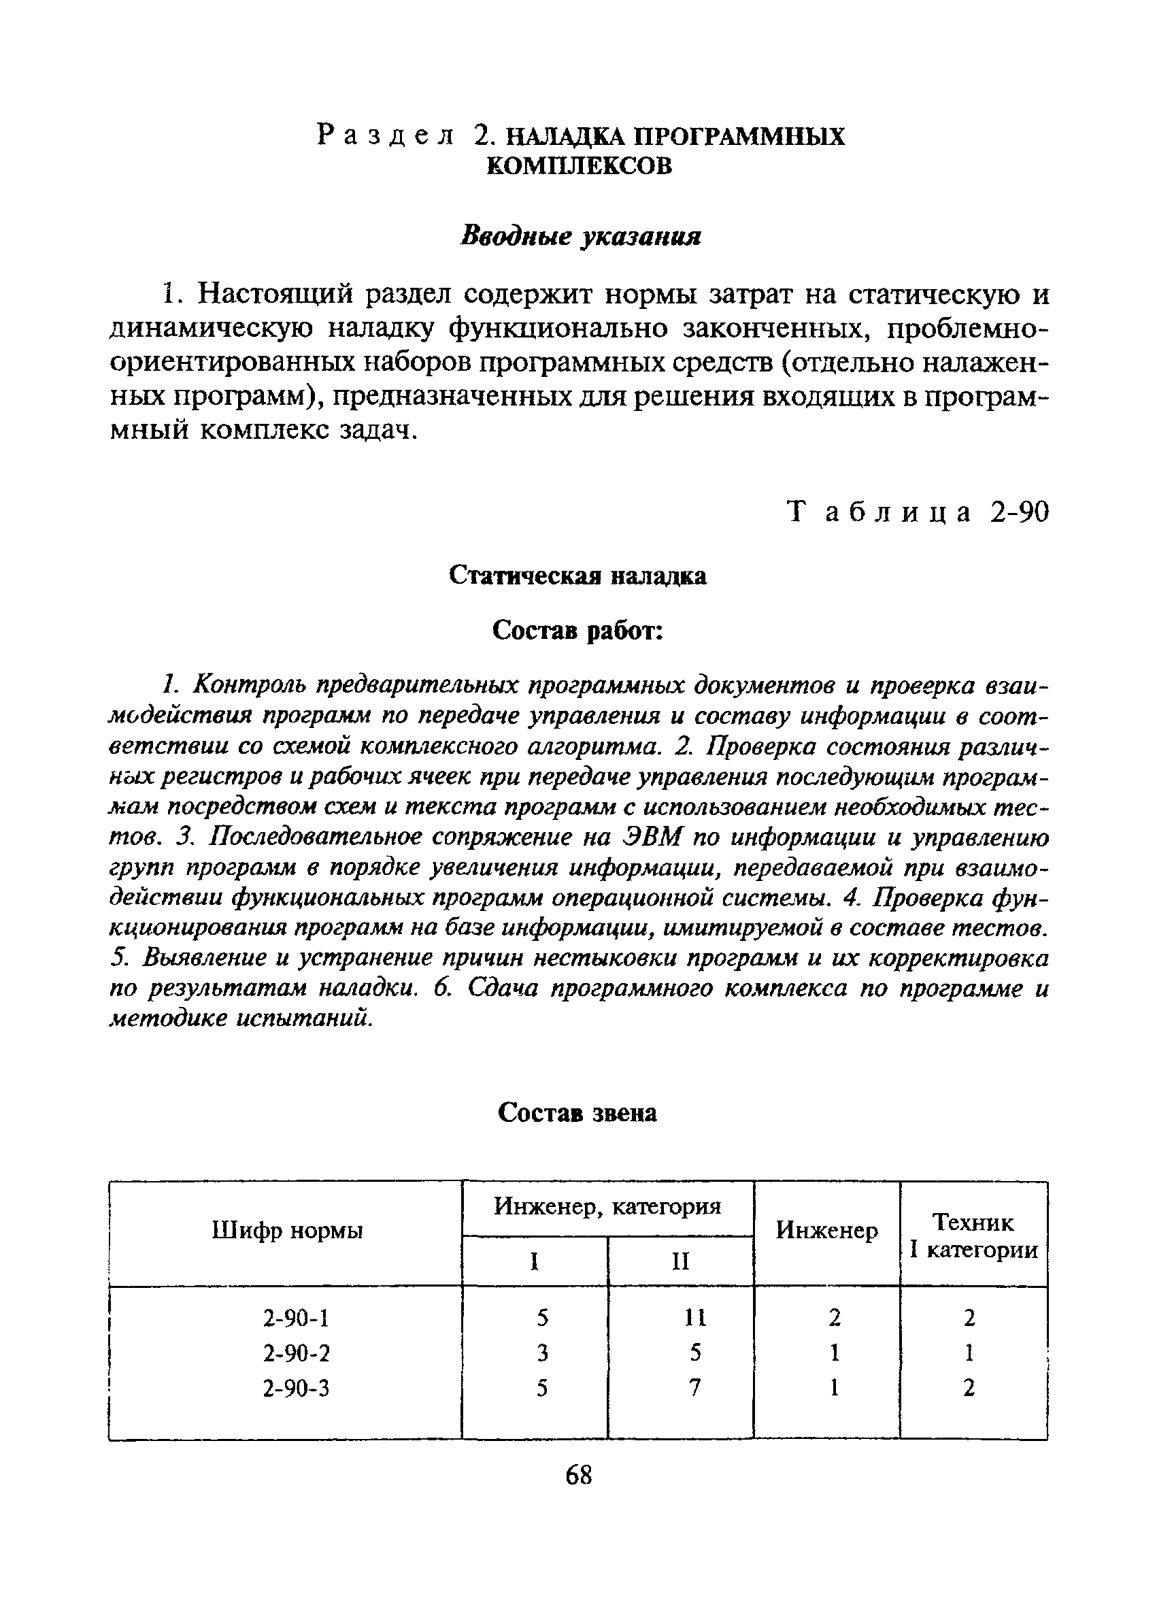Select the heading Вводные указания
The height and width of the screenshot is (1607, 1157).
580,236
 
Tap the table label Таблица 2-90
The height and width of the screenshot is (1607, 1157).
918,512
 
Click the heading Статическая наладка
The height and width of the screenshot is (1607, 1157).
578,576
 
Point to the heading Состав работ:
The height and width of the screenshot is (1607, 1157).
577,629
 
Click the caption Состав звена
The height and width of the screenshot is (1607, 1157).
577,1113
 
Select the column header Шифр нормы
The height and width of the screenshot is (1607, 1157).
287,1231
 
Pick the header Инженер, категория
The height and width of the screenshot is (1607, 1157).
607,1206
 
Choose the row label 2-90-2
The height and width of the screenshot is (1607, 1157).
296,1353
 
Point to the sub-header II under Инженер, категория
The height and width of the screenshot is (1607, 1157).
680,1262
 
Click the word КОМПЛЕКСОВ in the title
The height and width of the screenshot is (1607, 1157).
579,166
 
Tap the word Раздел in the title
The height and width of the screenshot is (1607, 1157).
386,135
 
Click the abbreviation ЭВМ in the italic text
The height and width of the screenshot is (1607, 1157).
652,838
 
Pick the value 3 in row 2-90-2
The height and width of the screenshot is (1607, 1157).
543,1353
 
